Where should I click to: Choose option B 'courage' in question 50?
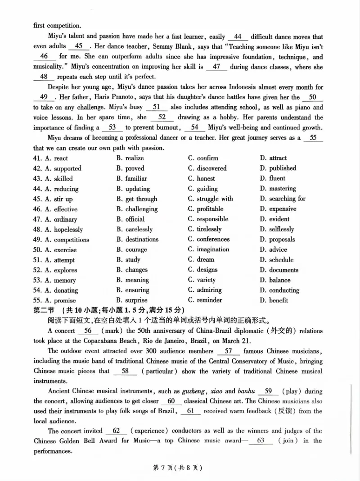[x=131, y=250]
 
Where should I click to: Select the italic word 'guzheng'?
[x=193, y=391]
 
